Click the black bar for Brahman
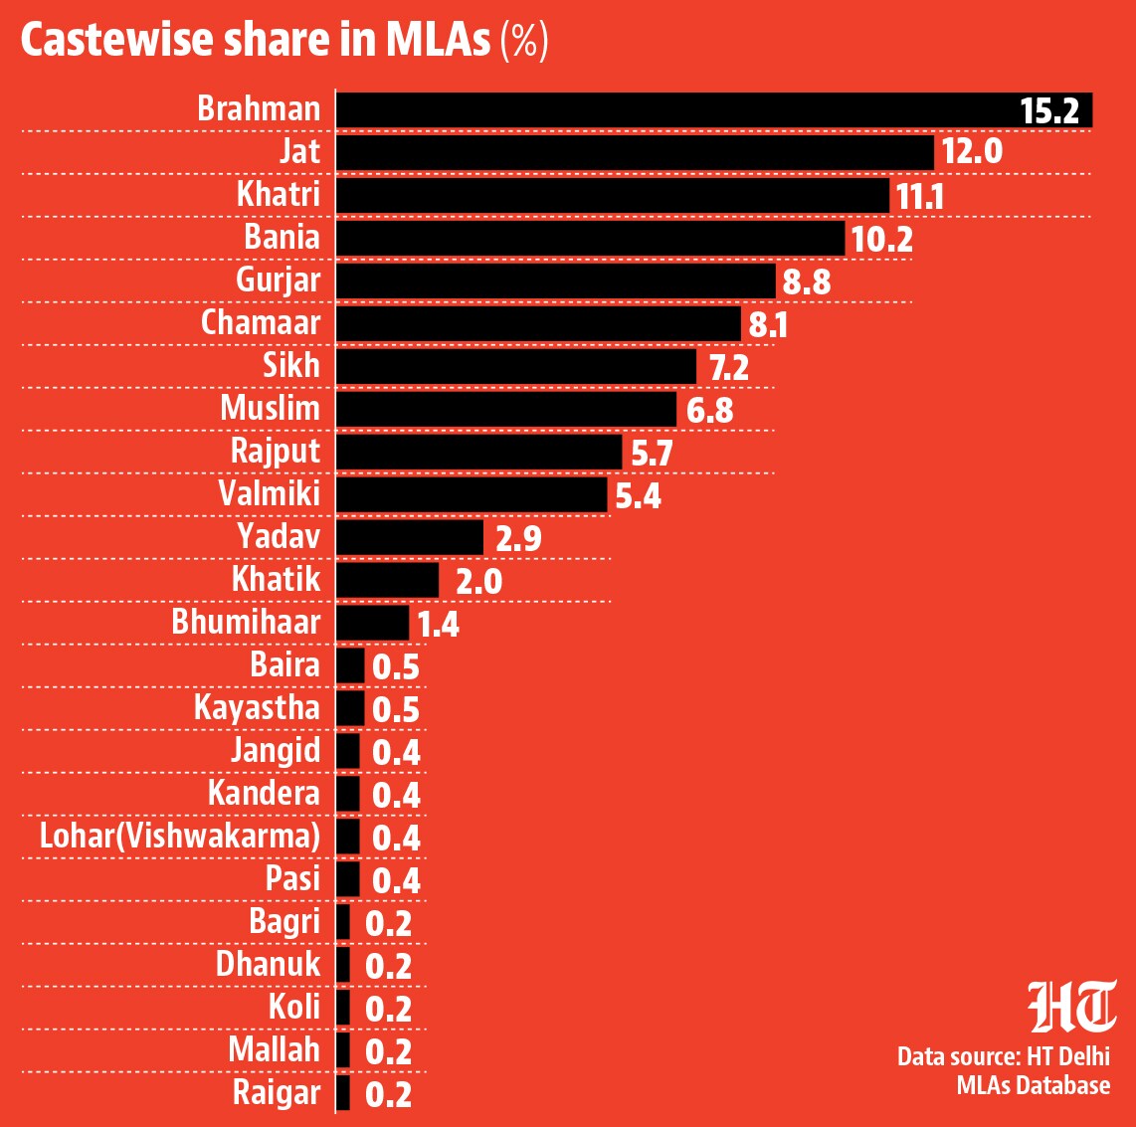point(714,110)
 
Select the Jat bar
point(635,153)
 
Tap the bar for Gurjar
point(556,282)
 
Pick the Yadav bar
point(409,537)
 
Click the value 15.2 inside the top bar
point(1049,110)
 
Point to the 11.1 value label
point(920,196)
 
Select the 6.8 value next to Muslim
point(709,411)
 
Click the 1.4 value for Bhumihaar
point(439,625)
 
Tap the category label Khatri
point(279,194)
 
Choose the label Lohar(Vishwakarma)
point(180,836)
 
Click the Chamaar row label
point(261,322)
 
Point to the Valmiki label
point(269,493)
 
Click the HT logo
point(1072,1006)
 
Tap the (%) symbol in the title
point(524,42)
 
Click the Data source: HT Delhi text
point(1004,1056)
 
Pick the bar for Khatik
point(387,580)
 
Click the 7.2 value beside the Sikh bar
point(729,368)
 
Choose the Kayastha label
point(258,708)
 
